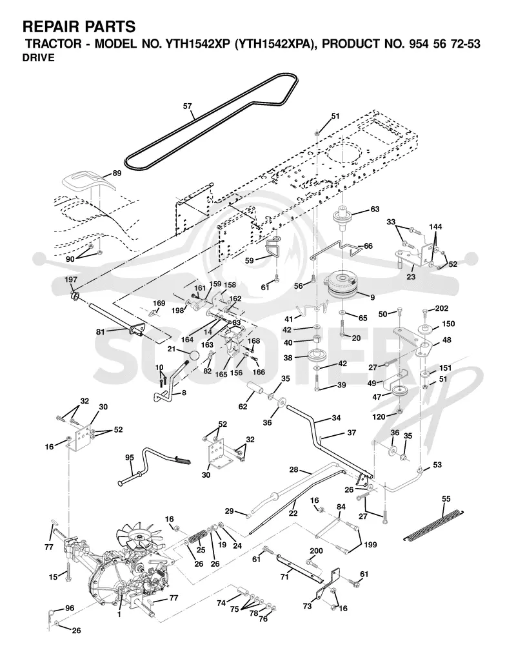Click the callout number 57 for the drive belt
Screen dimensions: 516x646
click(188, 106)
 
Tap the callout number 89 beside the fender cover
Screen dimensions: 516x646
click(117, 173)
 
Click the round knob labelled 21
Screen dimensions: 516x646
click(194, 355)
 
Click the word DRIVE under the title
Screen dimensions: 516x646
click(38, 57)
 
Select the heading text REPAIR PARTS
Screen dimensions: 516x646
click(79, 27)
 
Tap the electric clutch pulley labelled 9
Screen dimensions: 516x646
click(342, 287)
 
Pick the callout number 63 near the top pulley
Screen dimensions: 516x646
click(375, 210)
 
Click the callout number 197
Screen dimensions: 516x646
click(71, 280)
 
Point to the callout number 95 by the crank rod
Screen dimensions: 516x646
click(130, 458)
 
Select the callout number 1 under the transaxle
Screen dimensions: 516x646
click(119, 614)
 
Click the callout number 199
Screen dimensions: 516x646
click(370, 545)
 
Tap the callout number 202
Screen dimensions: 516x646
click(442, 308)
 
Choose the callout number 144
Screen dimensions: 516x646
click(435, 226)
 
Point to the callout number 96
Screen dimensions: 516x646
click(70, 608)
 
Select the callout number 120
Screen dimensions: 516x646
click(379, 417)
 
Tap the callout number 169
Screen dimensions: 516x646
click(159, 303)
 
